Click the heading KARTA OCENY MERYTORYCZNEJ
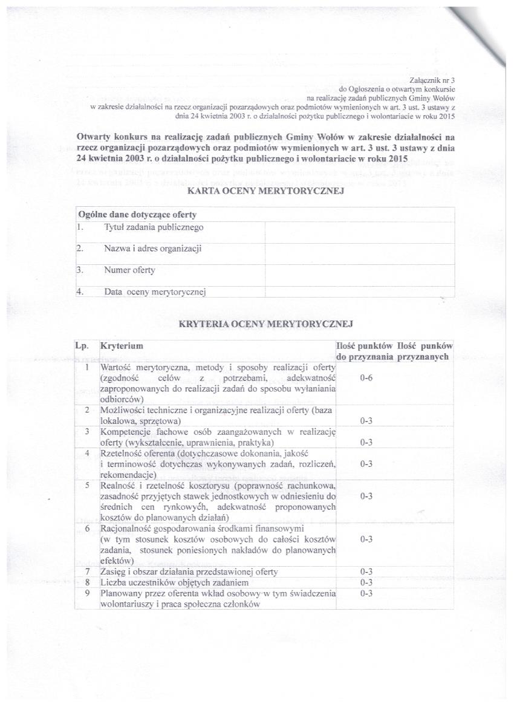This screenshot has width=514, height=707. [x=266, y=192]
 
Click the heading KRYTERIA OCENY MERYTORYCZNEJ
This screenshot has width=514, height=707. [x=266, y=324]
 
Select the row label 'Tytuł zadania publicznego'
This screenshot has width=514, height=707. [x=154, y=227]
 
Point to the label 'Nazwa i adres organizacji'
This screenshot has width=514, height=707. [x=152, y=249]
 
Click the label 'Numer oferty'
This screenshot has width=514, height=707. [x=129, y=270]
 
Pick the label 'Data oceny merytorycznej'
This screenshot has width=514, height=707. [x=155, y=292]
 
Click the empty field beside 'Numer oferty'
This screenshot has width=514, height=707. [x=359, y=271]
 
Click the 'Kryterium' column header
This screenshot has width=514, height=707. [x=122, y=346]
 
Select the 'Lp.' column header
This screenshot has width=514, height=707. [x=82, y=346]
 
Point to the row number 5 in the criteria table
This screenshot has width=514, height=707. [x=87, y=485]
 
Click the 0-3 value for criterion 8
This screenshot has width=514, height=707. [x=365, y=582]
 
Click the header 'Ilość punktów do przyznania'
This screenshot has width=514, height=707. [x=365, y=351]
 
